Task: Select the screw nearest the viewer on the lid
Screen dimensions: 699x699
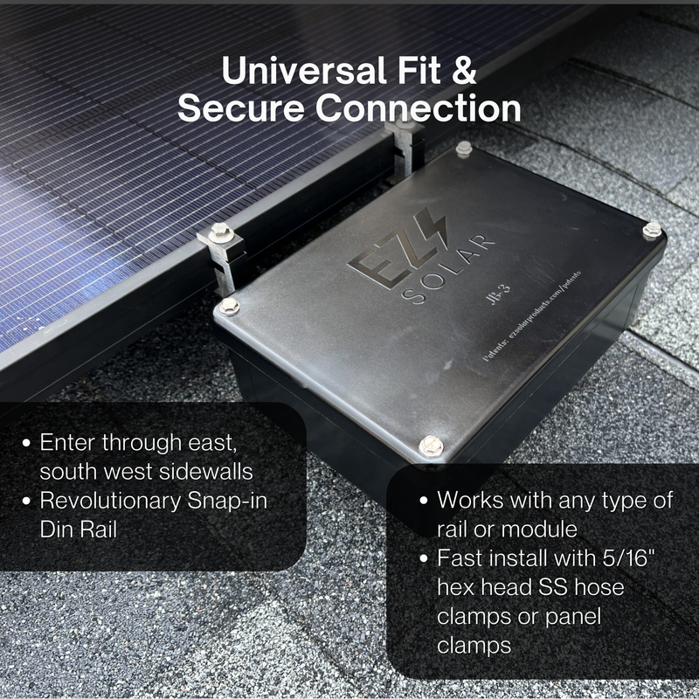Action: tap(430, 446)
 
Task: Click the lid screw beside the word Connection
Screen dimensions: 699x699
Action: tap(464, 149)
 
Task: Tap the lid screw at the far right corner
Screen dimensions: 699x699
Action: tap(652, 230)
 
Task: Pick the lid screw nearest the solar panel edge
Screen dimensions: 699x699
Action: tap(229, 306)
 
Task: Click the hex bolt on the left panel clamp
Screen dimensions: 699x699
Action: tap(218, 232)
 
